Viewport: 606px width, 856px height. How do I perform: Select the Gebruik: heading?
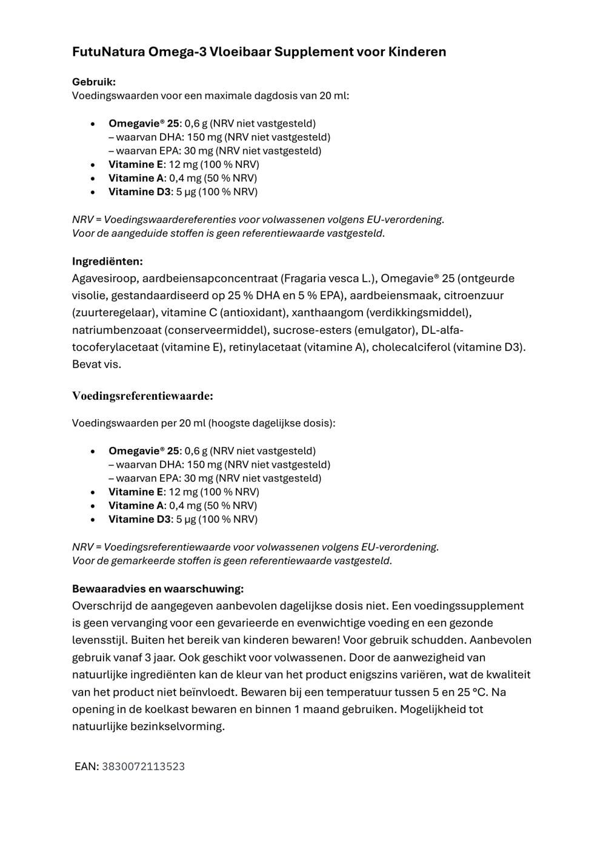(94, 82)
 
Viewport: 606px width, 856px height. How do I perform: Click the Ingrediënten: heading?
(107, 262)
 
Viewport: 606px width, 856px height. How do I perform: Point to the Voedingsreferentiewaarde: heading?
(142, 396)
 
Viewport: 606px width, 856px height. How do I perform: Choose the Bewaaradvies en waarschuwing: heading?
(158, 589)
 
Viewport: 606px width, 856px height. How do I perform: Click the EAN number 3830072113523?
(143, 766)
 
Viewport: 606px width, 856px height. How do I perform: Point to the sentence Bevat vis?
(96, 364)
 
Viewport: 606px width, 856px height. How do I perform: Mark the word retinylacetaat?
(266, 347)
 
